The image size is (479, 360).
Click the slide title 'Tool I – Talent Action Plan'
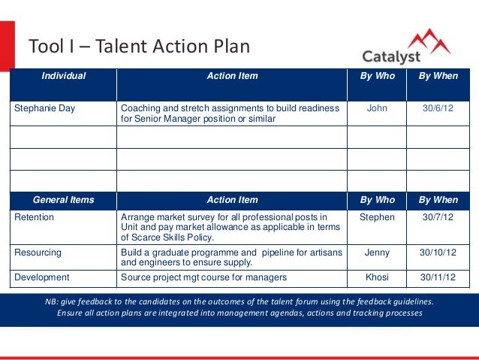[x=139, y=47]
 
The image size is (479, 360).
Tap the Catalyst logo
[x=406, y=48]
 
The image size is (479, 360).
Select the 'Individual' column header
[x=63, y=76]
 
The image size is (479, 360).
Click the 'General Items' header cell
[x=63, y=200]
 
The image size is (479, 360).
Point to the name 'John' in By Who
[x=376, y=108]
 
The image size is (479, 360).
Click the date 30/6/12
[x=438, y=108]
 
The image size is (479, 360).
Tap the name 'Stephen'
[x=376, y=218]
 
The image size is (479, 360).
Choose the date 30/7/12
[x=438, y=218]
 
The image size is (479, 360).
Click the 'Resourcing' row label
[x=38, y=253]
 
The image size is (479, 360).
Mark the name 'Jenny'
[x=376, y=253]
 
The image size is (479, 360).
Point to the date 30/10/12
[x=438, y=253]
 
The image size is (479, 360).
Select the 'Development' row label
[x=42, y=277]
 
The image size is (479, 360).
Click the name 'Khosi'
[x=376, y=277]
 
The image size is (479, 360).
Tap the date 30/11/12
[x=438, y=277]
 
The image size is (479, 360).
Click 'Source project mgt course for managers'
[x=203, y=277]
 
